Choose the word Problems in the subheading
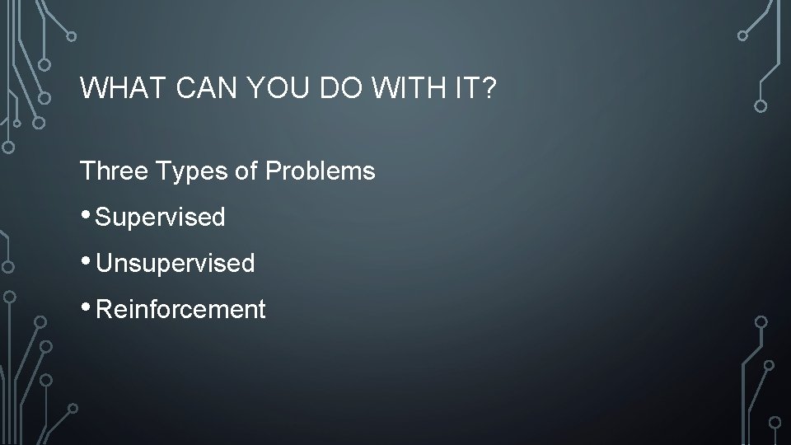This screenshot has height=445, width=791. [321, 171]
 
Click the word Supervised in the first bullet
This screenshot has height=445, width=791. [161, 218]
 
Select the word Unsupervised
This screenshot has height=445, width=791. [176, 264]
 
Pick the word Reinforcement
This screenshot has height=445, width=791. [181, 310]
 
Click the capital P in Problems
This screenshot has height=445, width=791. [273, 171]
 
